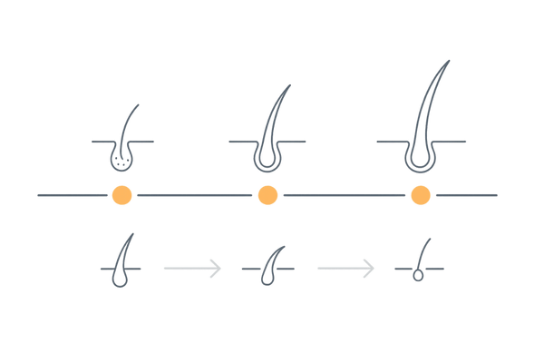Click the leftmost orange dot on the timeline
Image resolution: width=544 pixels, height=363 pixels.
click(121, 195)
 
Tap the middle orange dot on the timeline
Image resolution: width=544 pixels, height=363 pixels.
click(267, 195)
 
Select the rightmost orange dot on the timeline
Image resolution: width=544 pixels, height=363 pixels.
click(420, 195)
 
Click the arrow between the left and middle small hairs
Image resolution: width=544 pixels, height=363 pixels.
click(192, 267)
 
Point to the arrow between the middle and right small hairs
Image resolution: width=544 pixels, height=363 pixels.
click(346, 267)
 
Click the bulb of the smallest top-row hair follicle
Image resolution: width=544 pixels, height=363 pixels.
click(121, 161)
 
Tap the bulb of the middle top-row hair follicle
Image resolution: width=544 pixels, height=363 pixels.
click(267, 159)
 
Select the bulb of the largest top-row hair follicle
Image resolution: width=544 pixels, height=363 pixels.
click(420, 157)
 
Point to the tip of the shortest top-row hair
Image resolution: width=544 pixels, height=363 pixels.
click(138, 103)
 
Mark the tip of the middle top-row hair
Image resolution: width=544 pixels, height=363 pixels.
click(292, 84)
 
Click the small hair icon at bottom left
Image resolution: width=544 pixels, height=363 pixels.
click(121, 269)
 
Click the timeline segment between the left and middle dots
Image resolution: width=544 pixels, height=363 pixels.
click(193, 195)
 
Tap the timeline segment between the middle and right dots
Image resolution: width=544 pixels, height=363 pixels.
click(343, 195)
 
